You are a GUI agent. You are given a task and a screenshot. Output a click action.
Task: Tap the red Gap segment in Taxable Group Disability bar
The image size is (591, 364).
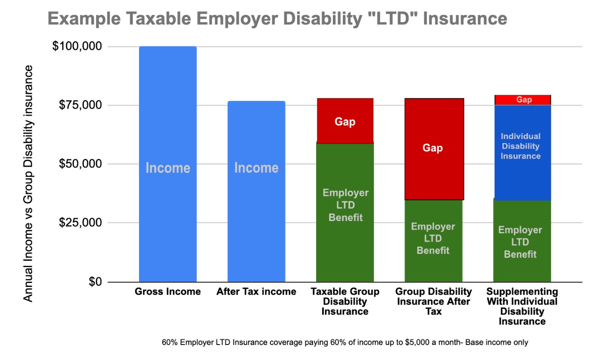[345, 121]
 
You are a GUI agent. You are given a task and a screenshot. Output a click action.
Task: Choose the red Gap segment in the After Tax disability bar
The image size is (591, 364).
[433, 149]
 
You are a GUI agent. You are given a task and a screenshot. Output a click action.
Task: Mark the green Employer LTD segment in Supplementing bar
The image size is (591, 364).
[522, 241]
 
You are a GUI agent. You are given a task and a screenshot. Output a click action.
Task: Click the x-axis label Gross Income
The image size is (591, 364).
[168, 292]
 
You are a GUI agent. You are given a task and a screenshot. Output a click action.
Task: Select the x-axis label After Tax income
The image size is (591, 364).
[256, 292]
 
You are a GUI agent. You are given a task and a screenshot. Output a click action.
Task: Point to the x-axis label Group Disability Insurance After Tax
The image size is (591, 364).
[433, 301]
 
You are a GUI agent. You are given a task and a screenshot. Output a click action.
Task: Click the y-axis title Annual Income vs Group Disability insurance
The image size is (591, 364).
[28, 183]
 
